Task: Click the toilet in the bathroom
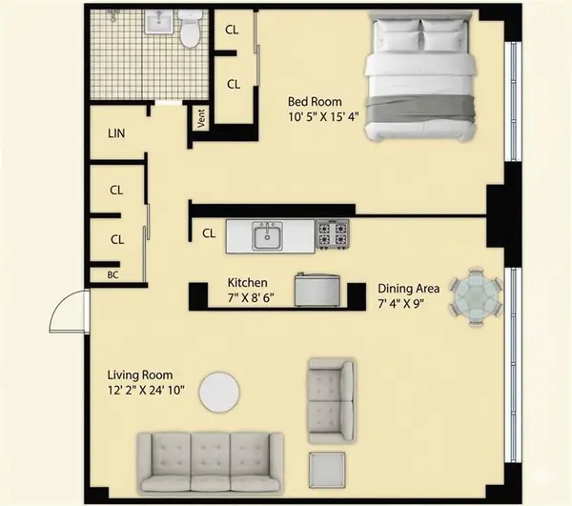[x=191, y=30]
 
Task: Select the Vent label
[x=201, y=119]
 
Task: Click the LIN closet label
[x=117, y=134]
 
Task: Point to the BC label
[x=112, y=274]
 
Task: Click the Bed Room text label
[x=317, y=100]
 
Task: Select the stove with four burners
[x=332, y=234]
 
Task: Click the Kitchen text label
[x=246, y=283]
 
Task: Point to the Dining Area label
[x=409, y=288]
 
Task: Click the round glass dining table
[x=475, y=297]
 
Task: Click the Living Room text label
[x=142, y=374]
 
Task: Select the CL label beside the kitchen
[x=209, y=233]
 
